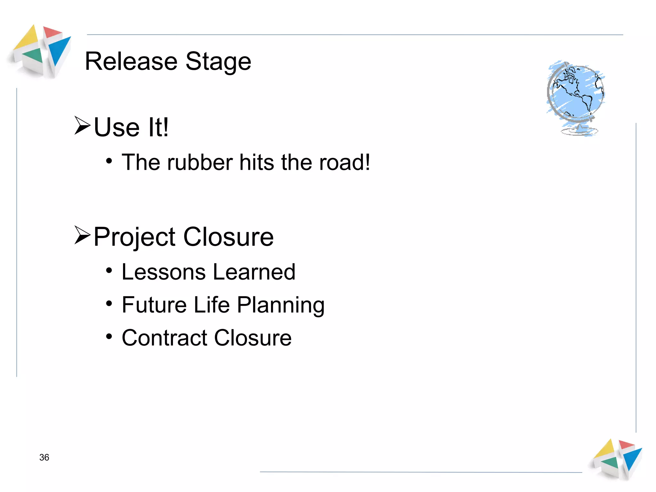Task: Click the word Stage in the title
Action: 218,62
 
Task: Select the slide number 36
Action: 44,457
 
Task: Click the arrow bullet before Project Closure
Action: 82,235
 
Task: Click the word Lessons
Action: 163,272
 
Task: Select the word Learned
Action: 254,272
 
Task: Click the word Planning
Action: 281,305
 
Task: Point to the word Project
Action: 135,237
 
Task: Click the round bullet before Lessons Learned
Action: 109,271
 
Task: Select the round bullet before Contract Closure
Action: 109,337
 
